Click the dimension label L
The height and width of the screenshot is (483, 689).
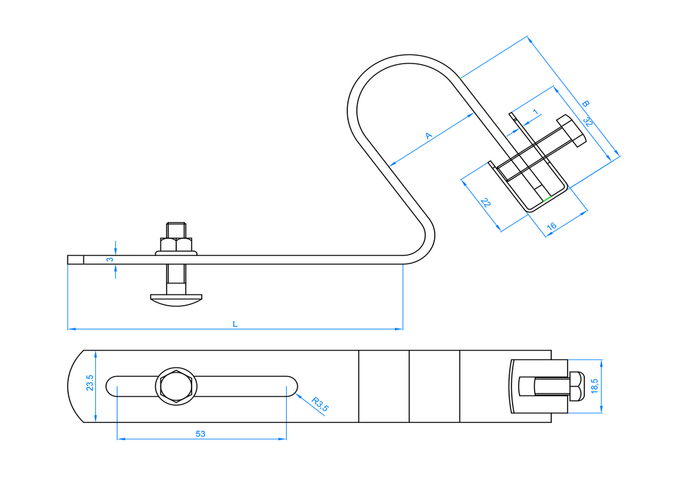coord(235,324)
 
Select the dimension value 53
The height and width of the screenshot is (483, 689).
coord(200,434)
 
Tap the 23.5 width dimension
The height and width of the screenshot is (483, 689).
coord(90,383)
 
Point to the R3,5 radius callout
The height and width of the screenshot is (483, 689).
coord(320,404)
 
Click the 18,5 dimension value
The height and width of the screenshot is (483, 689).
coord(595,386)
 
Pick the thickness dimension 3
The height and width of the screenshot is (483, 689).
coord(110,259)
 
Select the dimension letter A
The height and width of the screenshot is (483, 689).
coord(429,135)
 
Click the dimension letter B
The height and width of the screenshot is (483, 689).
coord(585,103)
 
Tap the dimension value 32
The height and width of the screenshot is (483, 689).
coord(588,121)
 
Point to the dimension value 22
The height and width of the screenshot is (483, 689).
coord(486,202)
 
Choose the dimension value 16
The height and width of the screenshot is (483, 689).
coord(551,226)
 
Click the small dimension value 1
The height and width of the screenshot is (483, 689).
coord(535,112)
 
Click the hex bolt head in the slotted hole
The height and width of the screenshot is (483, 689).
coord(176,386)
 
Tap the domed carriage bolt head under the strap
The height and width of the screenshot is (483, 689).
coord(176,300)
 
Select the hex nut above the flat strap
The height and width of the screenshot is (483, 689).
coord(176,244)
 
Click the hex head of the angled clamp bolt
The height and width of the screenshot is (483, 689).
coord(572,130)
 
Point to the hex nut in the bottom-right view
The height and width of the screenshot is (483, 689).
coord(577,386)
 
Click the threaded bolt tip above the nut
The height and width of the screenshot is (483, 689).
coord(176,230)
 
